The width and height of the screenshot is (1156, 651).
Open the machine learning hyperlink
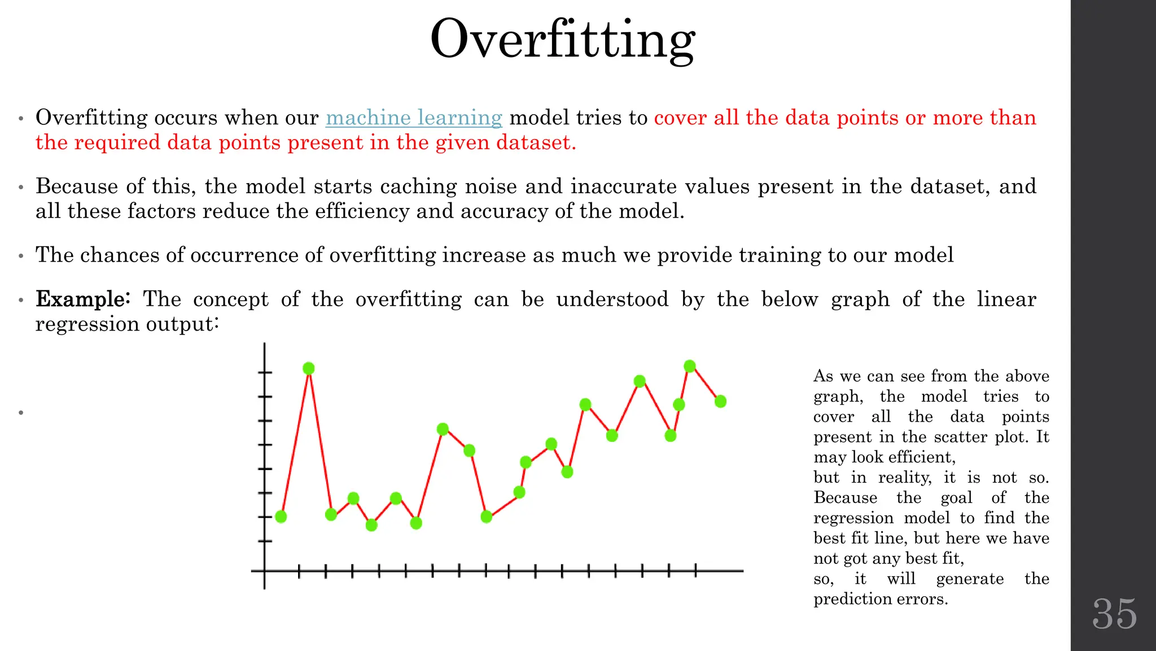click(x=414, y=118)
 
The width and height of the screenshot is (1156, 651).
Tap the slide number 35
click(x=1114, y=614)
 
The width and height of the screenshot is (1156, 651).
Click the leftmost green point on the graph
click(x=281, y=517)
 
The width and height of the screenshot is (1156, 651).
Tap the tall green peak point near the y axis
click(x=309, y=368)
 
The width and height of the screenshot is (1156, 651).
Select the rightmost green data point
click(x=720, y=401)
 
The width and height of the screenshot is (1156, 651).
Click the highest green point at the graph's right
click(x=690, y=366)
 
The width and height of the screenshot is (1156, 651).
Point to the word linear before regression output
click(x=1006, y=299)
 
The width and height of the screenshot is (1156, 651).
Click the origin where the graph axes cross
click(x=264, y=571)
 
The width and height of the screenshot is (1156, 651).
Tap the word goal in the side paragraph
click(x=956, y=498)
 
